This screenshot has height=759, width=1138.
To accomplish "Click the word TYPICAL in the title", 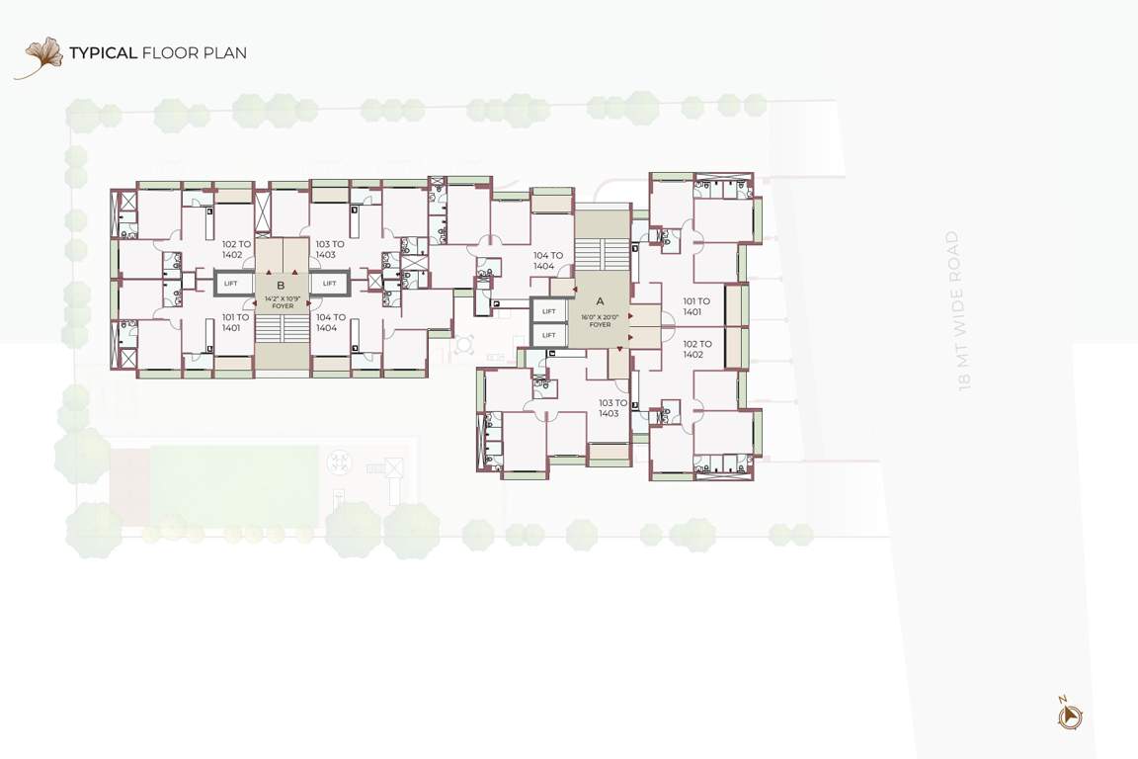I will coord(103,52).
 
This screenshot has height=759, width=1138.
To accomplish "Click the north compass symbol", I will coord(1069,715).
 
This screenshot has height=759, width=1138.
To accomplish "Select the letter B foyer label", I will coord(281,285).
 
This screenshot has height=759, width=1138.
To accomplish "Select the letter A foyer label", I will coord(600,301).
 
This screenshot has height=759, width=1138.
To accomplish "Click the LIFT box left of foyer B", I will coord(230,284).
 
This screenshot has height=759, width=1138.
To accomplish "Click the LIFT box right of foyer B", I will coord(330,284).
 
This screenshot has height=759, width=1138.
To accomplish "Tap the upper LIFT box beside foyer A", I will coord(548,311).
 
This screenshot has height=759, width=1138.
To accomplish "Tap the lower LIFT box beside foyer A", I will coord(548,335).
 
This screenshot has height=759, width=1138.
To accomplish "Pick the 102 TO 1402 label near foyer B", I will coord(237,249).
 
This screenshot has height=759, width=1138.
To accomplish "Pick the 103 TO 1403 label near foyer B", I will coord(330,249).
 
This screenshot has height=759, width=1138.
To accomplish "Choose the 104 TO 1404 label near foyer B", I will coord(331,322).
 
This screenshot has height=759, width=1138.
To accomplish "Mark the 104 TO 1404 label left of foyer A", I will coord(548,261).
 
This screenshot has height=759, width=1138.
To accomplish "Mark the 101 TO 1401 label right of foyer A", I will coord(696,306).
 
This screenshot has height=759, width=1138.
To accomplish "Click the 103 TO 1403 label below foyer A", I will coord(613,407).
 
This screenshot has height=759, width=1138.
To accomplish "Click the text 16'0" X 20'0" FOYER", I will coord(596,321).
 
